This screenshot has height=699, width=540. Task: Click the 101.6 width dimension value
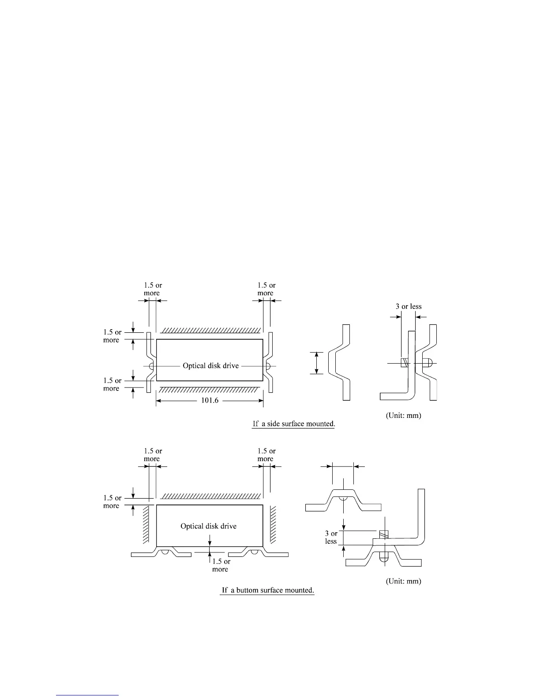pyautogui.click(x=210, y=401)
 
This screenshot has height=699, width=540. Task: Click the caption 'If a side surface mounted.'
pyautogui.click(x=294, y=424)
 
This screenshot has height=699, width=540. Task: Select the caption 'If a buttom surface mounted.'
pyautogui.click(x=267, y=590)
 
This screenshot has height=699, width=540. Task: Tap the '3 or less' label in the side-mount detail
pyautogui.click(x=409, y=307)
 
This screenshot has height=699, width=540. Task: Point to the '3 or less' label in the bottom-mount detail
pyautogui.click(x=331, y=537)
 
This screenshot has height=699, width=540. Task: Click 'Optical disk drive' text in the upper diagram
pyautogui.click(x=210, y=366)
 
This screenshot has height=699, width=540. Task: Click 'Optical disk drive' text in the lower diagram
pyautogui.click(x=208, y=526)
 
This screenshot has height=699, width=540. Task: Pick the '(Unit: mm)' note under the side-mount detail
pyautogui.click(x=403, y=416)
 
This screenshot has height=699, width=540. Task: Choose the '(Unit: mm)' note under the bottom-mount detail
pyautogui.click(x=403, y=582)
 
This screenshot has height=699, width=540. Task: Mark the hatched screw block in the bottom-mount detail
pyautogui.click(x=383, y=534)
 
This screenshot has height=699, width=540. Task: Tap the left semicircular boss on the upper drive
pyautogui.click(x=151, y=366)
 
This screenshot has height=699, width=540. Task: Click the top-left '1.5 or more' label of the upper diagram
pyautogui.click(x=153, y=289)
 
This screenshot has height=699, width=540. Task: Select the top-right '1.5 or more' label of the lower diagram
pyautogui.click(x=266, y=455)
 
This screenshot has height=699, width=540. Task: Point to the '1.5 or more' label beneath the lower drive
pyautogui.click(x=221, y=565)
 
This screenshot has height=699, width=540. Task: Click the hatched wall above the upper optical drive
pyautogui.click(x=210, y=331)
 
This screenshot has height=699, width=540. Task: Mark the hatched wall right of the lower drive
pyautogui.click(x=273, y=524)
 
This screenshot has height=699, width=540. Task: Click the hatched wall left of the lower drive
pyautogui.click(x=146, y=524)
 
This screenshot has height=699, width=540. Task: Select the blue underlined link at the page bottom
pyautogui.click(x=88, y=695)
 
